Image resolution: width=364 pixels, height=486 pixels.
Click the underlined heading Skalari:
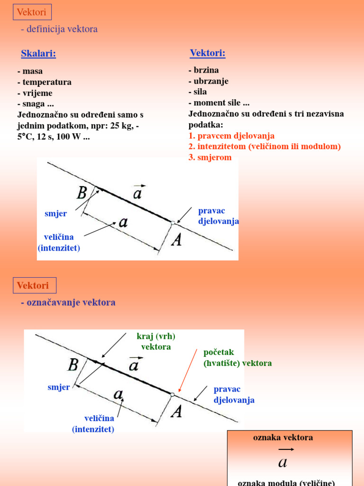tap(38, 54)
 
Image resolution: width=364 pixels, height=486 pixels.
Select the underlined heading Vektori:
tap(208, 53)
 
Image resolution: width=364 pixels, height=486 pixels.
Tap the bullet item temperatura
tap(45, 82)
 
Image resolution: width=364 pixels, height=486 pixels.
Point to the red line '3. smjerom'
tap(210, 157)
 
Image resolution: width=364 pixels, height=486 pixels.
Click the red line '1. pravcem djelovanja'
tap(231, 136)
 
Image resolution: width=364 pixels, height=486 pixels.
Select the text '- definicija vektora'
tap(59, 29)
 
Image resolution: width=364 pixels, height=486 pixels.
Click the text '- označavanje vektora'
tap(68, 302)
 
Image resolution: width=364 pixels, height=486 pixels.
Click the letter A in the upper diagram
tap(176, 240)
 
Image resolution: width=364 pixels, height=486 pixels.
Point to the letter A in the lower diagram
tap(176, 411)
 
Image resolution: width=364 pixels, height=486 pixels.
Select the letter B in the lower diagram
tap(73, 365)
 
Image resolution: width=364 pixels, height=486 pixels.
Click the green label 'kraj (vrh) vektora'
tap(156, 342)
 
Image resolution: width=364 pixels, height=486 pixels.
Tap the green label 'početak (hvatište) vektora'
tap(237, 358)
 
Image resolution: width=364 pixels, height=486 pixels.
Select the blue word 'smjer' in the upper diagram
tap(55, 214)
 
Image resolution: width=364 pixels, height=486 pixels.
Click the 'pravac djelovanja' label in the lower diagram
tap(234, 394)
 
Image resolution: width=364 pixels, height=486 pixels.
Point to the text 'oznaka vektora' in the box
tap(283, 438)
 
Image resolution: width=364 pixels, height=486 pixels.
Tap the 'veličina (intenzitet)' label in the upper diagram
tap(59, 242)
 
